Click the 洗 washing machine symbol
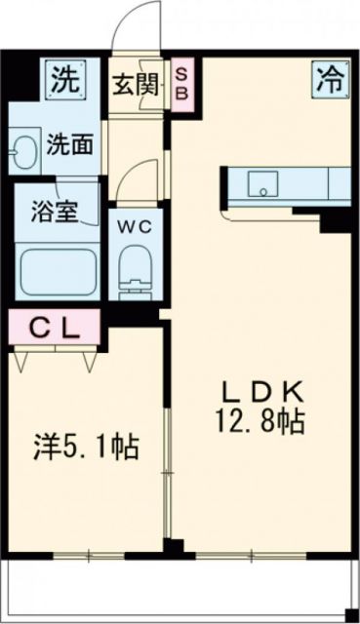(64, 77)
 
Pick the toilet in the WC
(133, 270)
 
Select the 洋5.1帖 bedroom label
(87, 448)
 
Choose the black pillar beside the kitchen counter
(336, 219)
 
